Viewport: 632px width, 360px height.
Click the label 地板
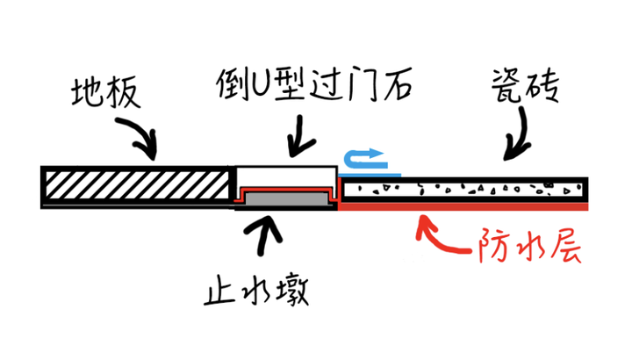(x=106, y=93)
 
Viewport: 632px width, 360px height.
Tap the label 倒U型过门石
(x=314, y=83)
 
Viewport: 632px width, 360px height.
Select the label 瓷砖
(x=525, y=85)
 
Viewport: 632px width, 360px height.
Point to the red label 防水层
(x=529, y=246)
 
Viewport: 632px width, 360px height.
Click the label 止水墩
(x=256, y=291)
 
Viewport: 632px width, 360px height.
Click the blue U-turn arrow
(x=365, y=159)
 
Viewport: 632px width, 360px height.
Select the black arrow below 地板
(x=139, y=137)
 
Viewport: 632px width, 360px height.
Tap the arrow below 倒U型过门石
(x=299, y=137)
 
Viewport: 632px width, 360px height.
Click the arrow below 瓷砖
(x=520, y=135)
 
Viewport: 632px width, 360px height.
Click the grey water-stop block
(x=286, y=198)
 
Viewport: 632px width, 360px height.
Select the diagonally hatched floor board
(x=137, y=185)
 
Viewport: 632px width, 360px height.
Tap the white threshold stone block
(x=286, y=176)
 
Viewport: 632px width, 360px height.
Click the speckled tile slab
(x=464, y=190)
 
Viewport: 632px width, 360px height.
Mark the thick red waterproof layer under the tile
(x=463, y=207)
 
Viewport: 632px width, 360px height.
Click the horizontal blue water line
(x=370, y=175)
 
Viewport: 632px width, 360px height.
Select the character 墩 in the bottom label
(x=292, y=291)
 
